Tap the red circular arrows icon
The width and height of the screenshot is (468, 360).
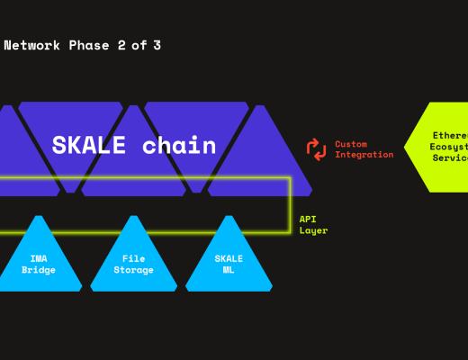[x=316, y=149]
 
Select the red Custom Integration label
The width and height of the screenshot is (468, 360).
[x=364, y=149]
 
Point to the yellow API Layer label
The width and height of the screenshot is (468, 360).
[x=313, y=225]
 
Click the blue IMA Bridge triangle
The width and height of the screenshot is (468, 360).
[x=39, y=261]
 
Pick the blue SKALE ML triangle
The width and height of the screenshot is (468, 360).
[x=229, y=261]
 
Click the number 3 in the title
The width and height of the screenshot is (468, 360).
[x=157, y=45]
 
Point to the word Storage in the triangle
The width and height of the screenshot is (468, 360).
[x=133, y=270]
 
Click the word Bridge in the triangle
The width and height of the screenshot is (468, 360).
[x=39, y=270]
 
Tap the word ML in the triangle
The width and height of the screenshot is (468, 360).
[x=229, y=270]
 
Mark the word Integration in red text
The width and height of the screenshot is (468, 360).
[x=364, y=155]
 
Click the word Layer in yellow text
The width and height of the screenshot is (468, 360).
[x=313, y=230]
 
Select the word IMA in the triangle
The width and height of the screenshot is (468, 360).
[x=39, y=258]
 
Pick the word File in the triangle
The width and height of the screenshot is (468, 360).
[x=133, y=258]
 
